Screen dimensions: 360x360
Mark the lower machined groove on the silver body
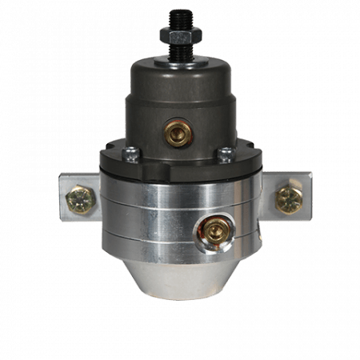pos(144,214)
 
